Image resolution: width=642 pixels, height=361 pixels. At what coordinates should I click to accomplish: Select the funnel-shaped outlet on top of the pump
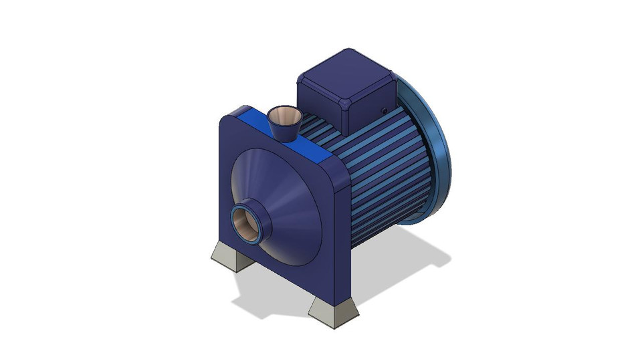point(285,124)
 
